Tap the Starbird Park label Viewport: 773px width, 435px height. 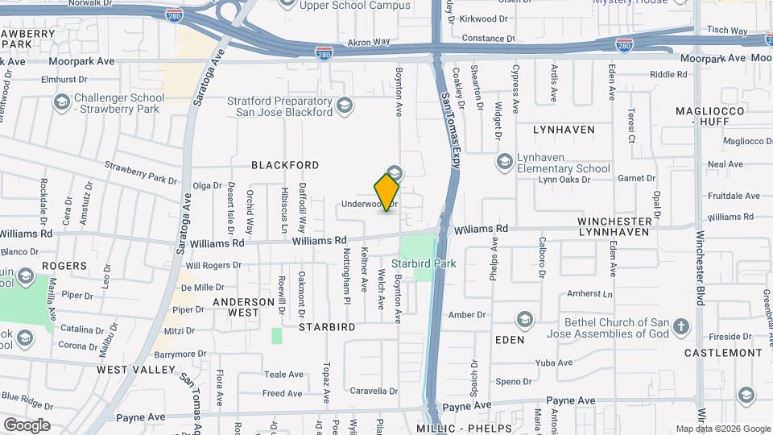(424, 263)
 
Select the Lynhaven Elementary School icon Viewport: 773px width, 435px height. (505, 162)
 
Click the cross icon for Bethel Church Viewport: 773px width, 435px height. (681, 326)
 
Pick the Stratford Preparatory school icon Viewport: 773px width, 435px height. (345, 106)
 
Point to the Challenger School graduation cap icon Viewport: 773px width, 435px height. (61, 103)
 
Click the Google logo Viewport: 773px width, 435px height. (27, 425)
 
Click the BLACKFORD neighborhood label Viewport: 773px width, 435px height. (285, 165)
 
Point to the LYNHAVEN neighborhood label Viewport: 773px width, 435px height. (564, 130)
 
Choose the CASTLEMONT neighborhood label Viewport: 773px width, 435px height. (723, 353)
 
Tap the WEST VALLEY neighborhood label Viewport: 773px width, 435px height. (136, 370)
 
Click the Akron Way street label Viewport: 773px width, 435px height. (368, 42)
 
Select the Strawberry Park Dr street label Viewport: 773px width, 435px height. (140, 172)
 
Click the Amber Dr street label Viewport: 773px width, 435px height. (468, 315)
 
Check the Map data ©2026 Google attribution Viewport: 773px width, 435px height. (722, 429)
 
